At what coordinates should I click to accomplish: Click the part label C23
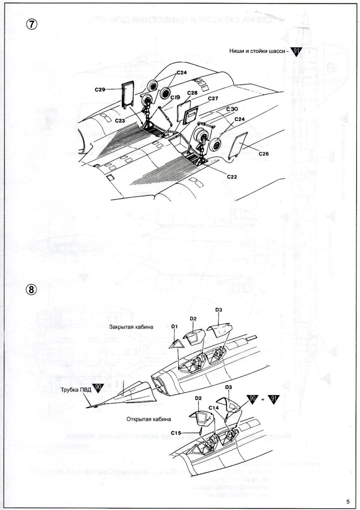(120, 121)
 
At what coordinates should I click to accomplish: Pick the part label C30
(232, 110)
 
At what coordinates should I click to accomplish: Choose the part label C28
(192, 93)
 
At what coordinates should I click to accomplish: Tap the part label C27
(213, 99)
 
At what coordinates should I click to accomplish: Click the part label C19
(175, 98)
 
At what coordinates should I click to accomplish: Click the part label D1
(174, 327)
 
